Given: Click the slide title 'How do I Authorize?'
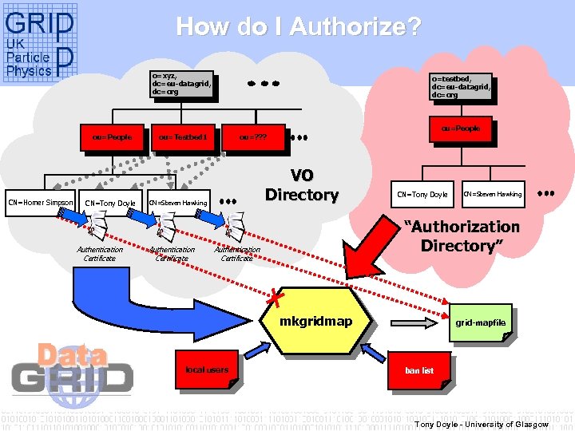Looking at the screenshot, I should click(x=299, y=27).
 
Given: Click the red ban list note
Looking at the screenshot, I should click(x=420, y=370).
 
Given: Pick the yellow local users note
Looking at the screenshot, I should click(x=206, y=370).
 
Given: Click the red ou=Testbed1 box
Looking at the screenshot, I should click(x=183, y=137).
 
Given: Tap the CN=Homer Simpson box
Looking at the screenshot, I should click(x=41, y=202).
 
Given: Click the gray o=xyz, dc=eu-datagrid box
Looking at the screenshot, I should click(x=181, y=85).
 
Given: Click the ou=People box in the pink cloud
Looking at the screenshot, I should click(x=460, y=128).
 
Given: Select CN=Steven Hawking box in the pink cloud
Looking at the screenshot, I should click(x=494, y=194).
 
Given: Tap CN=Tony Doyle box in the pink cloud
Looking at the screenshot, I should click(x=422, y=194).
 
